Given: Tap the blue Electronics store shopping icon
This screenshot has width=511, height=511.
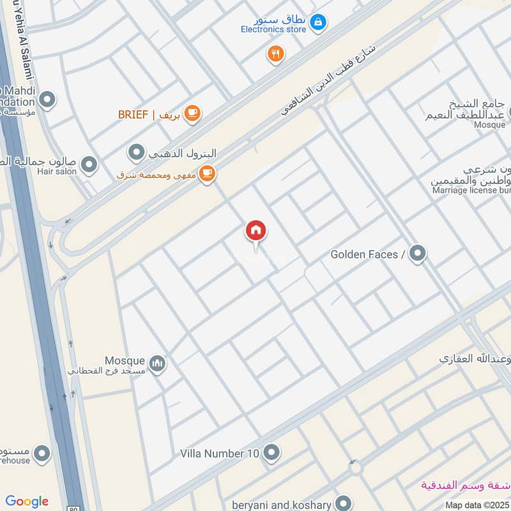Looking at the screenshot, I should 317,24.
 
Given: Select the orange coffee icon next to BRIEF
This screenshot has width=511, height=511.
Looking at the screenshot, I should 192,114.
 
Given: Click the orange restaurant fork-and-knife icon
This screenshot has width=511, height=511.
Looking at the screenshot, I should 275,54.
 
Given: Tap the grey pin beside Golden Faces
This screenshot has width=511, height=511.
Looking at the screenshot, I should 418,254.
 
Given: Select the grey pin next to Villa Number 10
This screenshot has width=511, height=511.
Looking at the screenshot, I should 271,453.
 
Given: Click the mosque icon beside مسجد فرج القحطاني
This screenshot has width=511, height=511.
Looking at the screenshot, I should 158,364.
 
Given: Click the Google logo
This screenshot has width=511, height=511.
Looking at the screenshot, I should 27,501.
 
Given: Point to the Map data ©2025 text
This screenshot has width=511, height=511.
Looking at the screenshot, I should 477,505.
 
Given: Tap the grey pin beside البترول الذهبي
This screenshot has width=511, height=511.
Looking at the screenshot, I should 136,153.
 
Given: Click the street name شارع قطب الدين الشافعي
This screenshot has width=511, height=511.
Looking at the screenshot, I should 330,80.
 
